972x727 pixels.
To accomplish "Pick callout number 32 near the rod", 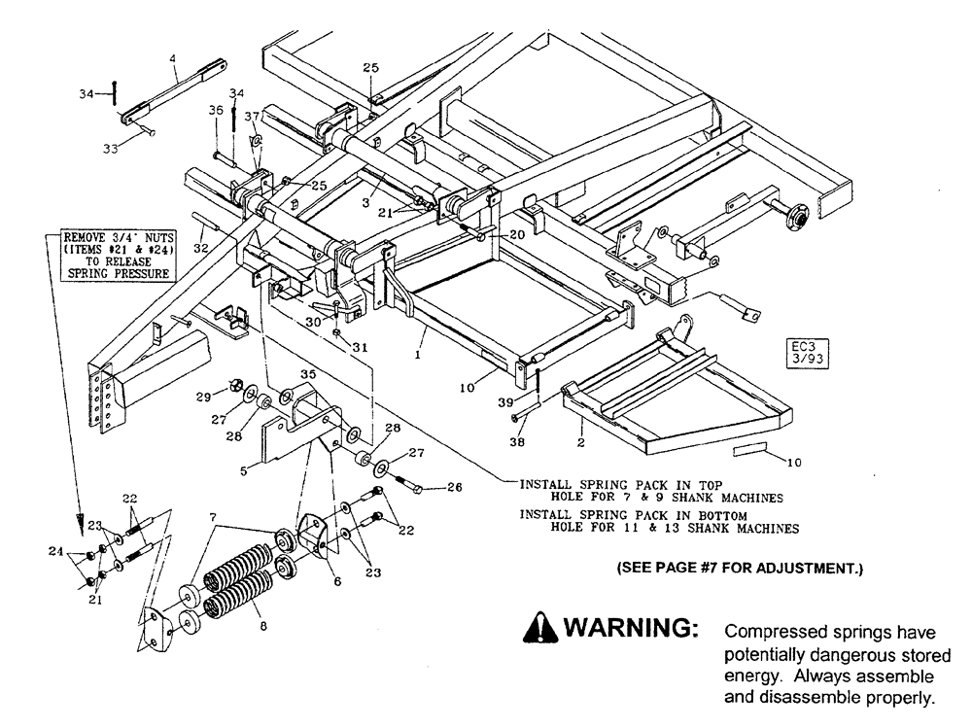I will [x=200, y=249].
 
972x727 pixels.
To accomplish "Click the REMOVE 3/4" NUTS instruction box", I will [x=117, y=255].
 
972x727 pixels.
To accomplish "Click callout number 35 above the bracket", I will [x=308, y=373].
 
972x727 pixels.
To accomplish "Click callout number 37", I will [x=251, y=117].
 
